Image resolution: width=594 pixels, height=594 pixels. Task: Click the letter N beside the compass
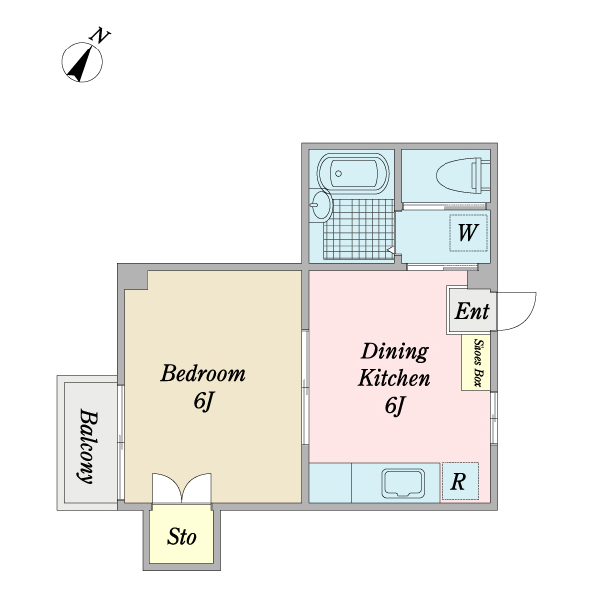100,35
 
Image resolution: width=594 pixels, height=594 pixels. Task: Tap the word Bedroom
203,373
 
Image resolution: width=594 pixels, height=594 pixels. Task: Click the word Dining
395,351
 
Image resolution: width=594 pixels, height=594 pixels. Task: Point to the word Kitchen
394,378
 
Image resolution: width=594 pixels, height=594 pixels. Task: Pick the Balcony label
89,446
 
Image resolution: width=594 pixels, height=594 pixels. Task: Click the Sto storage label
182,536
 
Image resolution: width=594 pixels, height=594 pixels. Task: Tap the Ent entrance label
472,311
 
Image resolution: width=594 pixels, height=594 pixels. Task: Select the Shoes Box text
479,362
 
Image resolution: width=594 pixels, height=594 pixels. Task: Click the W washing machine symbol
468,233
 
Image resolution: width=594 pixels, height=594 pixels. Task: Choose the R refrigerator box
460,481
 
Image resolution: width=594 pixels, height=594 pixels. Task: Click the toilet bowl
463,176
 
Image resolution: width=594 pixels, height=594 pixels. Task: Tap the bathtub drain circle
338,174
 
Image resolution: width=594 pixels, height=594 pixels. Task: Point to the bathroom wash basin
321,205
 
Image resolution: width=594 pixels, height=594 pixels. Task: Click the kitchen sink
403,483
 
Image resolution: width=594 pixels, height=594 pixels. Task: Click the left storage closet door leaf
167,488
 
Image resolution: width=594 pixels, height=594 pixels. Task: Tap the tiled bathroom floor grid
358,230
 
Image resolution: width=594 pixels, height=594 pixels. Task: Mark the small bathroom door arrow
391,250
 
